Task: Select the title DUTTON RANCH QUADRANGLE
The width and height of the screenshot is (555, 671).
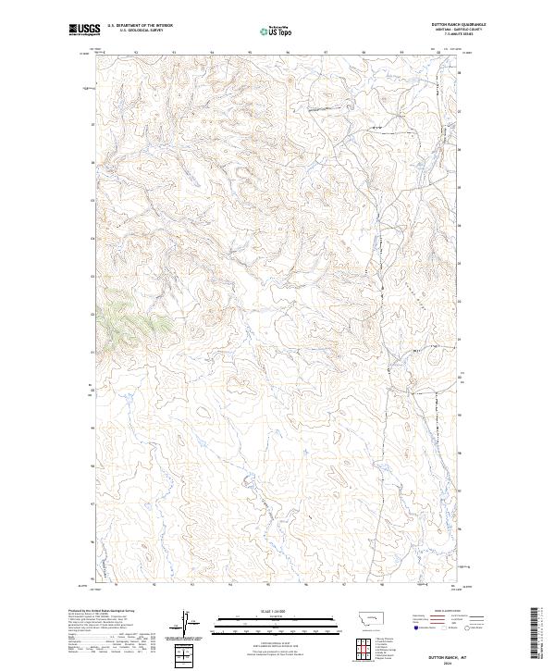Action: coord(457,24)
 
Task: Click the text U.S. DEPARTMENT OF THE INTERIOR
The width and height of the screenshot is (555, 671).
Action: coord(141,25)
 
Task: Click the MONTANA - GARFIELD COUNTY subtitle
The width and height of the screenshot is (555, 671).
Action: coord(457,30)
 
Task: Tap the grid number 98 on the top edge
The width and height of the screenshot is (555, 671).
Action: coord(364,53)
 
